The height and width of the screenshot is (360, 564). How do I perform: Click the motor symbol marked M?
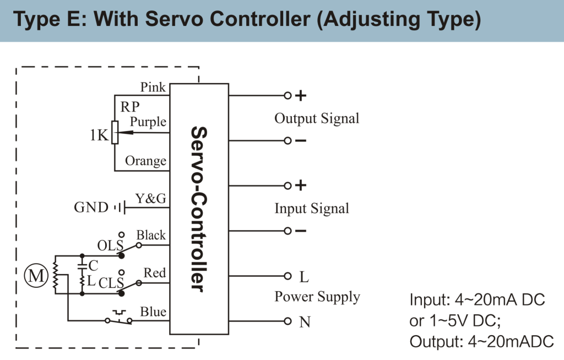[36, 276]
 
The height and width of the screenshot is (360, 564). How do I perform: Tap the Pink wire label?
[153, 87]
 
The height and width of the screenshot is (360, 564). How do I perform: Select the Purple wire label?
[148, 122]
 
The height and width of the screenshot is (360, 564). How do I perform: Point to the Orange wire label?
[145, 161]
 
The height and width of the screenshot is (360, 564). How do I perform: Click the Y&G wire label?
[151, 199]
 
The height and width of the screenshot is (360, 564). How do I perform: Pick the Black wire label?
[151, 235]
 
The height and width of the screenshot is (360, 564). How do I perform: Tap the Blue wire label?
[153, 312]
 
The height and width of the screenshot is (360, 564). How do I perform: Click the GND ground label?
[91, 208]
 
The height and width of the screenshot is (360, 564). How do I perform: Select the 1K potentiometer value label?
[99, 135]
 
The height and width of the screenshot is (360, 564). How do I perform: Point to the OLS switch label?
[110, 244]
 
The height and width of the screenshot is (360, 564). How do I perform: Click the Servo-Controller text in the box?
[198, 209]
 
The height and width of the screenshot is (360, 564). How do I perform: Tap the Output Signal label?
[317, 118]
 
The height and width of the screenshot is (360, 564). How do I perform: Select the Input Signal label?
[312, 209]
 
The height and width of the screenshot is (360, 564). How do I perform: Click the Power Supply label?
[317, 297]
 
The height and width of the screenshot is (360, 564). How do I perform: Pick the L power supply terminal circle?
[287, 276]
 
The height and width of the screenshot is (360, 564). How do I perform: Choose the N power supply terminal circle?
[287, 321]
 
